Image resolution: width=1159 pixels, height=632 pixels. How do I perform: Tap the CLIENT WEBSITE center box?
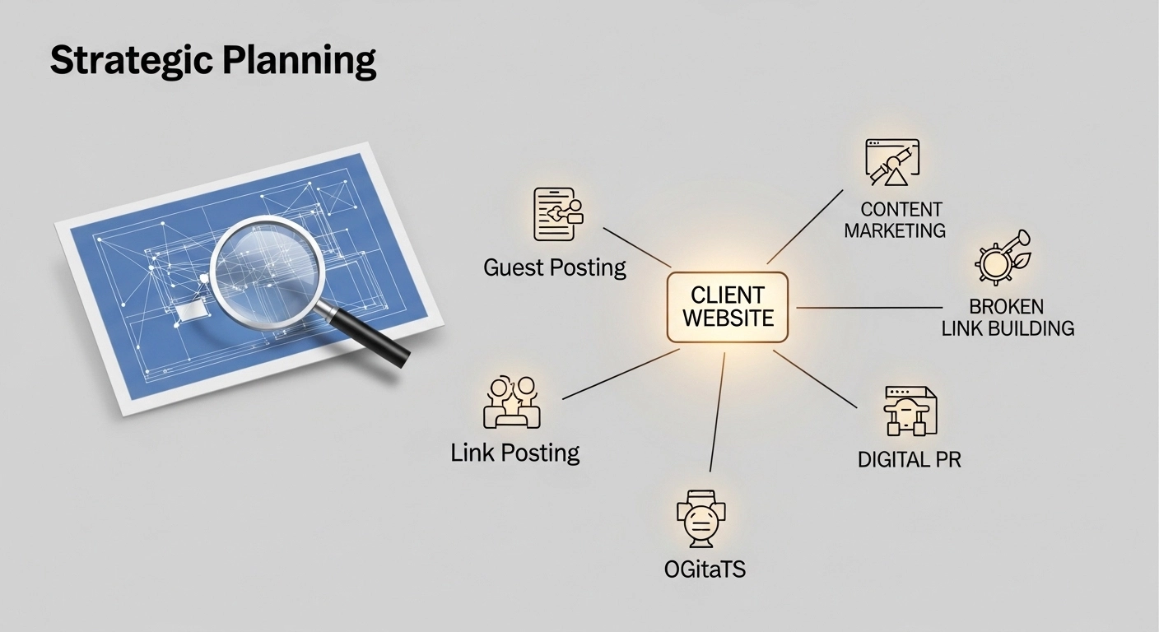point(727,306)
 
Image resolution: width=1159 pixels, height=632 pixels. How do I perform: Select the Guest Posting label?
point(555,267)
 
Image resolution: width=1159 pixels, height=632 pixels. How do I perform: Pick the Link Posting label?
point(515,453)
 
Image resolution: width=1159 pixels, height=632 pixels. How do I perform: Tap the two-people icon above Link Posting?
point(511,402)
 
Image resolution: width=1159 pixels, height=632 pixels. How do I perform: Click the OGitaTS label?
point(705,569)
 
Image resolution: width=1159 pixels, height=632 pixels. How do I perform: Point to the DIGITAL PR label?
point(909,459)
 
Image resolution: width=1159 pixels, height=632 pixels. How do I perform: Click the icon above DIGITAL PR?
point(910,410)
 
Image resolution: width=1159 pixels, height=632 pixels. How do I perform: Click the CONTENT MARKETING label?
point(895,221)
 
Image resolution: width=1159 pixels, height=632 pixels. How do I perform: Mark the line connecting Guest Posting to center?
point(637,247)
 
